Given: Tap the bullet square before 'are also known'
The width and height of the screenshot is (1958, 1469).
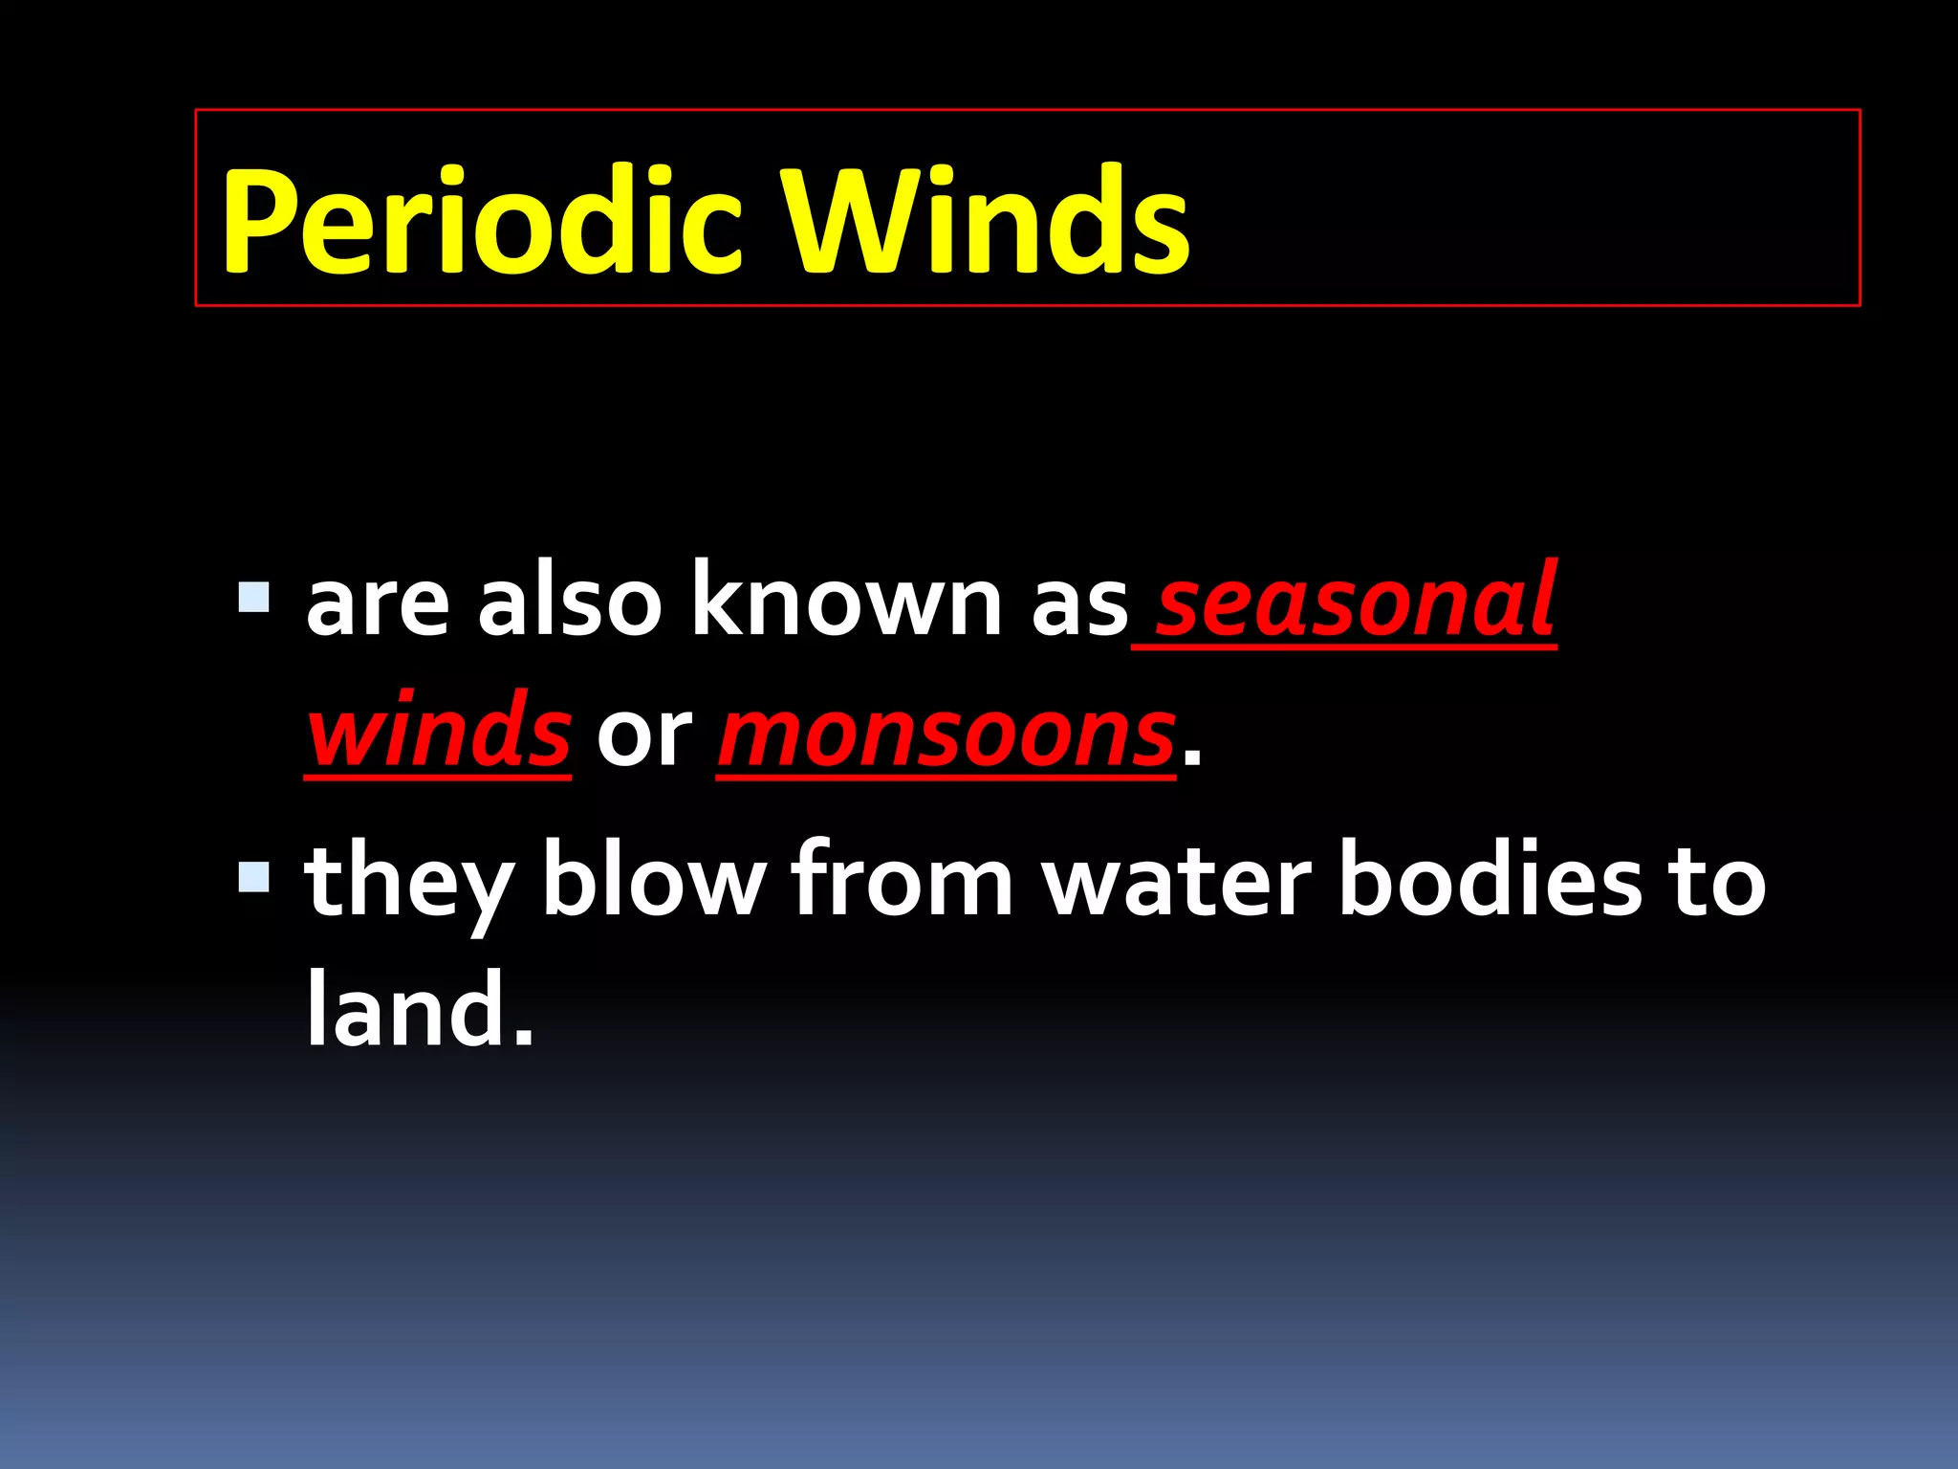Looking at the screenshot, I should point(254,598).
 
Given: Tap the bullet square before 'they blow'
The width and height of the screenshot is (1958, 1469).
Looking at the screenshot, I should point(254,876).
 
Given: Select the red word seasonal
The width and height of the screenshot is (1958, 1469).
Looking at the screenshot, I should point(1356,602).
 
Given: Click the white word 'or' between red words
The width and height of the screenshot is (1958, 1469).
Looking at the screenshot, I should point(643,736).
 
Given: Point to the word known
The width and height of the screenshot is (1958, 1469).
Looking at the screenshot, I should point(845,602).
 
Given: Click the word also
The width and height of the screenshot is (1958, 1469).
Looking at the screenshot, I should point(570,602).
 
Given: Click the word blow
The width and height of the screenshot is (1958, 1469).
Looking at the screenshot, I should point(654,880).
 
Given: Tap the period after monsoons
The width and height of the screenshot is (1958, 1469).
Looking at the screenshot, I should point(1191,760).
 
